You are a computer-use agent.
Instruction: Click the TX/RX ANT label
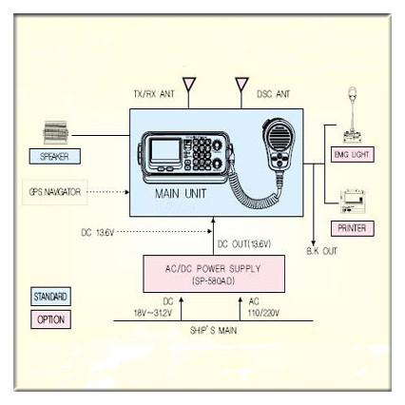tap(154, 95)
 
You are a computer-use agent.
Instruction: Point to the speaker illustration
tap(60, 130)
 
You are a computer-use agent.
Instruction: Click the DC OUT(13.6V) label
tap(245, 244)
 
